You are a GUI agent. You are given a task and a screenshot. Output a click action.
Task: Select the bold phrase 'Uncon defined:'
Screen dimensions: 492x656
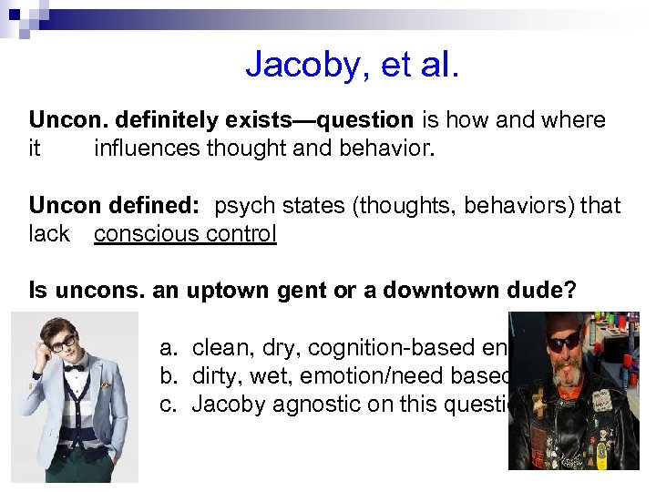click(x=117, y=206)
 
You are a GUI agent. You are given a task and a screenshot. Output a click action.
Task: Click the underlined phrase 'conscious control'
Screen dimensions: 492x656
click(x=185, y=234)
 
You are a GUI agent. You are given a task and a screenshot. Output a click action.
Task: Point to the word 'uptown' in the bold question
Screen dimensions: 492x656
click(x=226, y=291)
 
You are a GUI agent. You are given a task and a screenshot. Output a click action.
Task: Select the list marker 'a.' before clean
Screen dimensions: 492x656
click(x=169, y=348)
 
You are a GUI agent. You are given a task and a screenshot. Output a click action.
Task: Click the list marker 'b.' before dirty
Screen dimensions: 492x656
click(x=169, y=376)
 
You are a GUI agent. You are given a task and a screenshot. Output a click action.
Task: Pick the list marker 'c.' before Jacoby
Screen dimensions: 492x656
click(x=169, y=404)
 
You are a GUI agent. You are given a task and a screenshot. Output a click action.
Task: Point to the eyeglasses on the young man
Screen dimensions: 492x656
click(x=61, y=343)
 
